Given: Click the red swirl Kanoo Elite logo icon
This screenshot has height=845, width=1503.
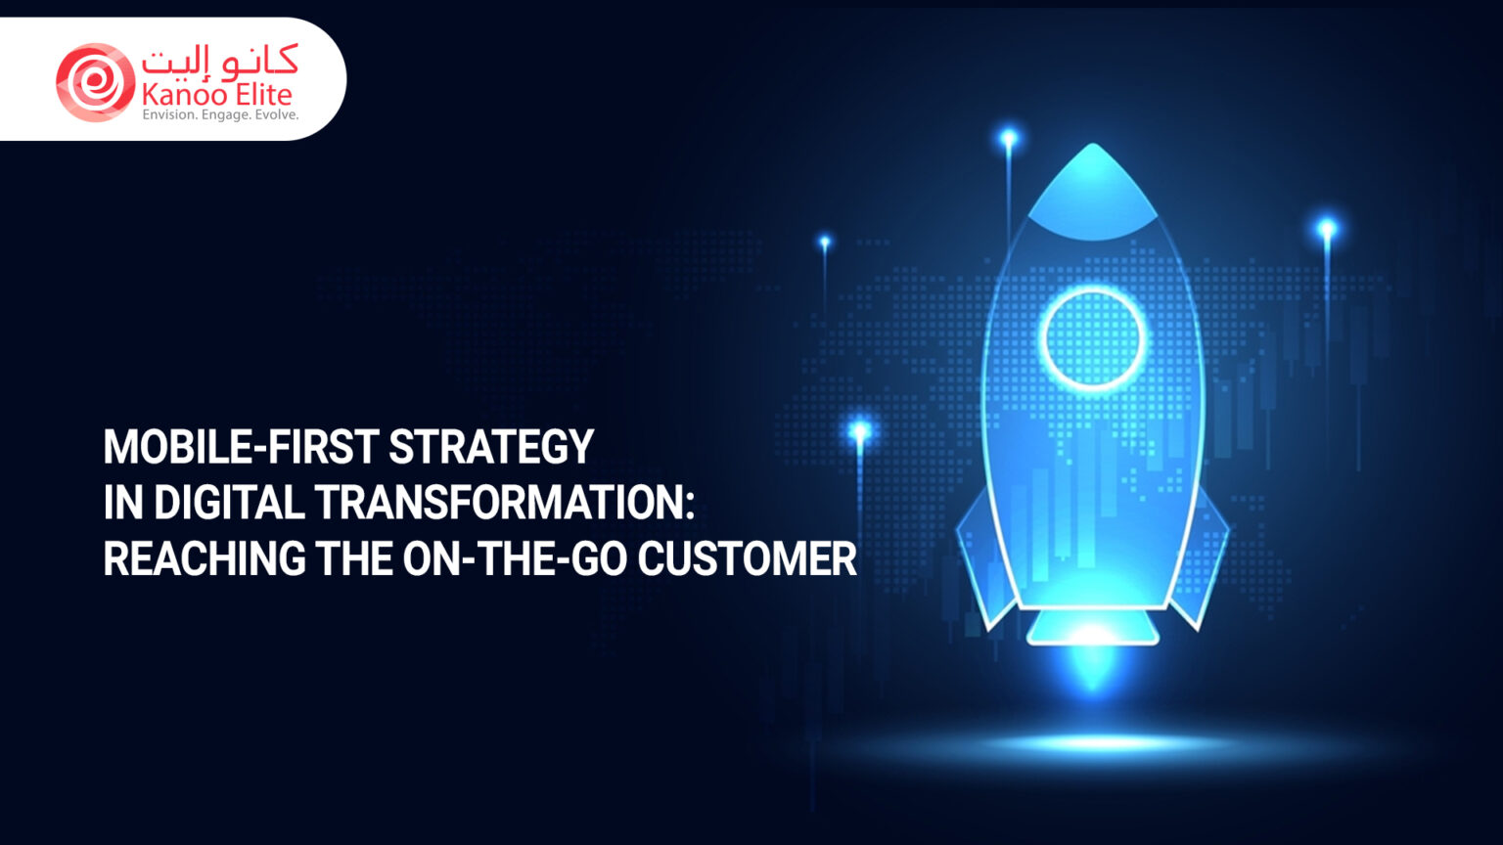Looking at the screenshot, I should (95, 82).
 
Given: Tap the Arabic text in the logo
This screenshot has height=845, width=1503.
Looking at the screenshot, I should (219, 62).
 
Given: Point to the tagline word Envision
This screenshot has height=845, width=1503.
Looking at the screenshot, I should (169, 115).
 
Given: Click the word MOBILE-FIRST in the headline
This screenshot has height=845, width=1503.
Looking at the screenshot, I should (241, 447).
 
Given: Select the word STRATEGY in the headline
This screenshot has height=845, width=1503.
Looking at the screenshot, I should (491, 447).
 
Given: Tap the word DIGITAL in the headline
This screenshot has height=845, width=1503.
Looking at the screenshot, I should (229, 503).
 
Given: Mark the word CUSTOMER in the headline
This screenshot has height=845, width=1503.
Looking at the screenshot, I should (747, 559).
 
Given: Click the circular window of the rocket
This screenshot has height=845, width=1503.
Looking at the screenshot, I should (1092, 338).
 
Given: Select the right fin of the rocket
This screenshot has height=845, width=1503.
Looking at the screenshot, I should (1203, 557).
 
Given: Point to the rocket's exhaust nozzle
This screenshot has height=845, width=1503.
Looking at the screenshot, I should (1093, 626).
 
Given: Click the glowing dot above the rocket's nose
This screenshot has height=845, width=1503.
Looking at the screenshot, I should (1008, 139).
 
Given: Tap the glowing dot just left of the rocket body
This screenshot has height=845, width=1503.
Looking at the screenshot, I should (860, 430).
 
